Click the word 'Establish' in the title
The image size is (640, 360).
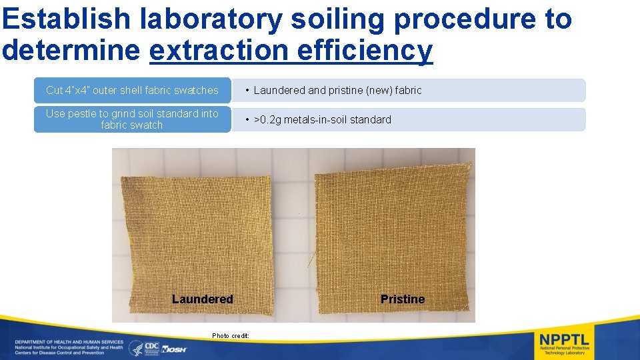pos(67,19)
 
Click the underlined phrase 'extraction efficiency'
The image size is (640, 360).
pos(291,50)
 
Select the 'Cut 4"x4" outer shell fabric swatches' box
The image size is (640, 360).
pos(132,90)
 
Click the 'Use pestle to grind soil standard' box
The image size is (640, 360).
pos(132,119)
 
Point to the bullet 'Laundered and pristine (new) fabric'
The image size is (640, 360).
pos(337,90)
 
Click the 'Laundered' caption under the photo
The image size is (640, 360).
pos(202,299)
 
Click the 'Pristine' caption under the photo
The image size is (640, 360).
pos(402,299)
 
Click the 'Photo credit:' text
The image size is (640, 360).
pos(231,335)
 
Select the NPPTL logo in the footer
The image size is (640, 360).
pos(564,343)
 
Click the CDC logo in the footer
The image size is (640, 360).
pos(152,347)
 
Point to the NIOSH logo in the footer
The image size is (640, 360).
pos(175,349)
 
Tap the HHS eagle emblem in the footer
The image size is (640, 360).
pos(135,347)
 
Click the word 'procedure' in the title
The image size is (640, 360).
pos(461,19)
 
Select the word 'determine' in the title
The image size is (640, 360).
pos(73,50)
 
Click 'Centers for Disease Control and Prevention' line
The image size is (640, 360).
pos(60,353)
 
